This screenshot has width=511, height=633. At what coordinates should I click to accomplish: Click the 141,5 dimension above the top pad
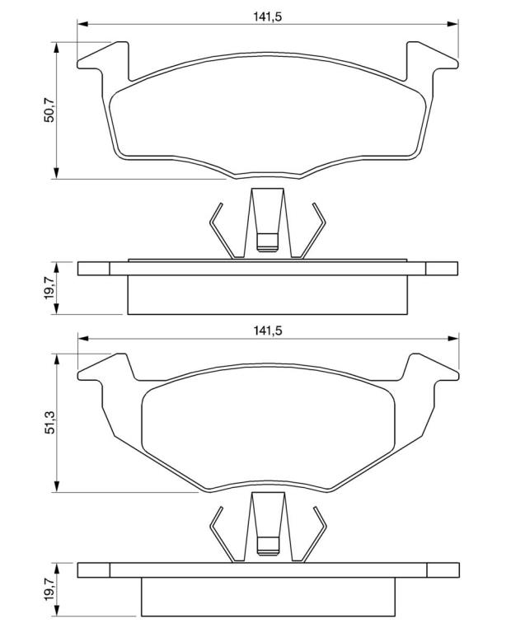[267, 16]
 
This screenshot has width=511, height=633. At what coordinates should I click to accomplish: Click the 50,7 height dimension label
[49, 110]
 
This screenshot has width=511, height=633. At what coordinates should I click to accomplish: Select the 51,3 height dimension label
[49, 422]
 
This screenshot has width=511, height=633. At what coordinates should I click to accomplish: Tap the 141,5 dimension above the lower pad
[267, 331]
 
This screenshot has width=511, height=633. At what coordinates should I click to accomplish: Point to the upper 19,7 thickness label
[49, 288]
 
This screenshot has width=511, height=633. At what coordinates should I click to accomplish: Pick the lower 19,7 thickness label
[49, 589]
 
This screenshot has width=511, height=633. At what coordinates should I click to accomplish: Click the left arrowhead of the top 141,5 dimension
[82, 24]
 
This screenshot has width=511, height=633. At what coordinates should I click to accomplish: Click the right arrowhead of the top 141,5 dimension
[452, 24]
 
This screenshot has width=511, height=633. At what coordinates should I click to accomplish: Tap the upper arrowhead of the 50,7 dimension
[57, 47]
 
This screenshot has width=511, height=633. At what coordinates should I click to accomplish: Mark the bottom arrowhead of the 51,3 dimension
[57, 486]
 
